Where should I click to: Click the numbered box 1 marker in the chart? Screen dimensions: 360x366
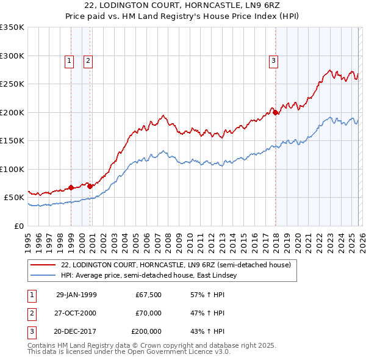69,60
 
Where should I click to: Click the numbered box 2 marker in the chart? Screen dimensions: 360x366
88,60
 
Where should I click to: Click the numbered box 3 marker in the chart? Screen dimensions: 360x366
273,60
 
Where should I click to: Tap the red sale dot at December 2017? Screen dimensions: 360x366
276,112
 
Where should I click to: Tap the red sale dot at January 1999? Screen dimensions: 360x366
71,187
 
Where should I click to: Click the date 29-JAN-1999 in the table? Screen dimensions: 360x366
76,295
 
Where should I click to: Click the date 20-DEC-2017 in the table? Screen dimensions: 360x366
76,331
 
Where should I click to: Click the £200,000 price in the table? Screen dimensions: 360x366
146,331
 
